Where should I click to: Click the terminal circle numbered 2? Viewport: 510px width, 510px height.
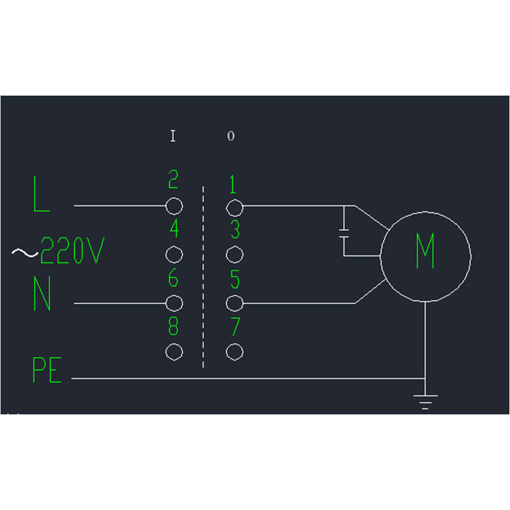(174, 206)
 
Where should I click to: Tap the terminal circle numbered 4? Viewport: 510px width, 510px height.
(174, 255)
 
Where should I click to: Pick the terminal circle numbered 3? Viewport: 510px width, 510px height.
(235, 255)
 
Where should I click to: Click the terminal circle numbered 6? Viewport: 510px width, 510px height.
(174, 303)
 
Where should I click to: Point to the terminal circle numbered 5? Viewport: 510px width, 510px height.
(235, 303)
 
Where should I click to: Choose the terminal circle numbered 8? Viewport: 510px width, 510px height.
(174, 352)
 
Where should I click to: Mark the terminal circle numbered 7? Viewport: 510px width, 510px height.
(235, 352)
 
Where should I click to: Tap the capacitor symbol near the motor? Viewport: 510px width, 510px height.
(344, 231)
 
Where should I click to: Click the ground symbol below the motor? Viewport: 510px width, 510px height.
(425, 401)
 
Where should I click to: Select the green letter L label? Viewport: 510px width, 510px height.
(41, 195)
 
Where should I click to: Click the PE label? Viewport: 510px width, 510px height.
(47, 370)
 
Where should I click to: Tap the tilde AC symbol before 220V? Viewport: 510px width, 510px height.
(25, 253)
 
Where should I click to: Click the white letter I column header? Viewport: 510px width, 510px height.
(173, 136)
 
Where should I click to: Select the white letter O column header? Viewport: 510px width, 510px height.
(231, 136)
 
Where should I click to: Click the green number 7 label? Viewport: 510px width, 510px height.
(235, 326)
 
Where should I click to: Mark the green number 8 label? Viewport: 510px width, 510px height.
(174, 326)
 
